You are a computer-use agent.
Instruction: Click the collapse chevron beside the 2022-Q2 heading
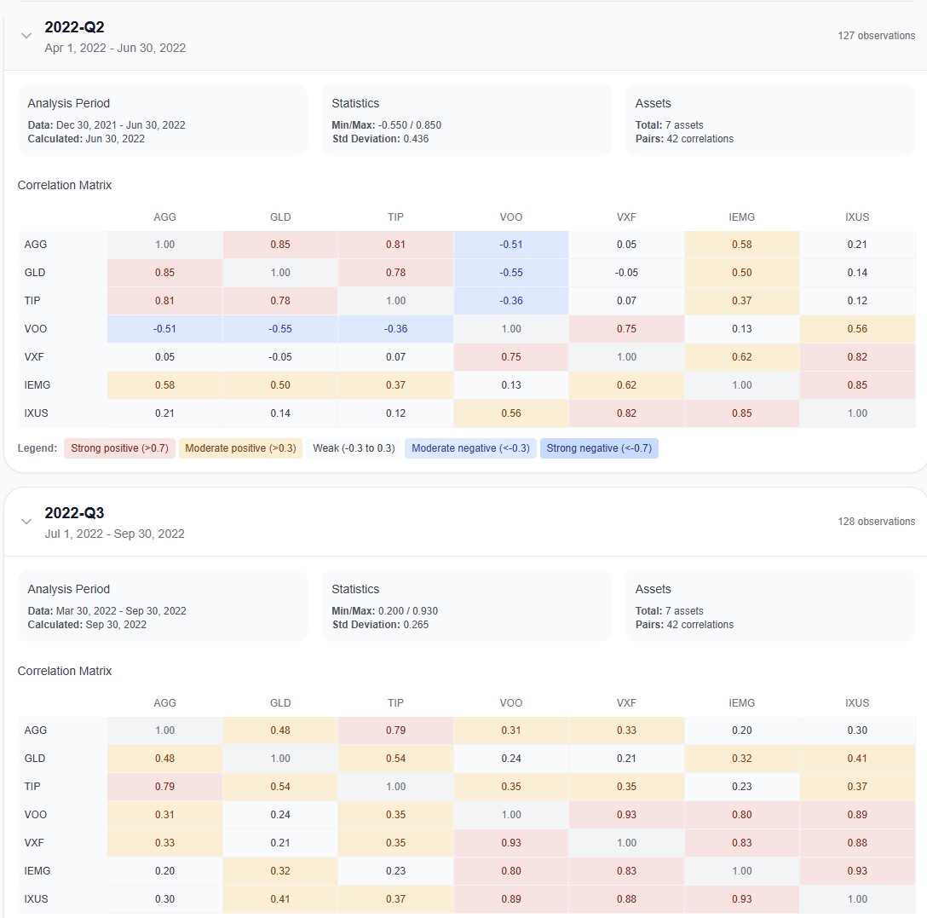coord(26,36)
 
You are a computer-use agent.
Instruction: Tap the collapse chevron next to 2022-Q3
coord(26,522)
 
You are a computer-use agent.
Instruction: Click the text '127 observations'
coord(876,36)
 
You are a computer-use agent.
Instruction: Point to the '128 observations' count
coord(876,522)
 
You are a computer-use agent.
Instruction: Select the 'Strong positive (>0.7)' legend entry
coord(118,448)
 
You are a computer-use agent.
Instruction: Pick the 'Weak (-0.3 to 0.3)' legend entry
coord(354,448)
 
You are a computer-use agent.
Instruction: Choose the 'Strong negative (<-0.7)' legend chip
coord(599,448)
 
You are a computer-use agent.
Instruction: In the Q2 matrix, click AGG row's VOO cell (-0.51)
coord(510,245)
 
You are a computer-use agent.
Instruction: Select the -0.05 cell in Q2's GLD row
coord(626,273)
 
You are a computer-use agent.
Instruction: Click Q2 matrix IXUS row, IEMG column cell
coord(741,413)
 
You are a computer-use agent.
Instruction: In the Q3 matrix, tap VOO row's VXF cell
coord(626,815)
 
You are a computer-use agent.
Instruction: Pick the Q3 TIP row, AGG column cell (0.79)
coord(164,787)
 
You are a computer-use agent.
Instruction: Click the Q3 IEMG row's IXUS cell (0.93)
coord(857,871)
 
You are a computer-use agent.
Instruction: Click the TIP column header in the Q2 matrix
coord(395,217)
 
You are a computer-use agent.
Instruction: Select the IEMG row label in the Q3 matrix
coord(38,871)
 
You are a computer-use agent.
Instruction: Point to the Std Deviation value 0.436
coord(416,139)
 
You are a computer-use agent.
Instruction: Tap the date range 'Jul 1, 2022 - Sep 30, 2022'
coord(114,534)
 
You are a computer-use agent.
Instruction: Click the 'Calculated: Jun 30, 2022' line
coord(86,139)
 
